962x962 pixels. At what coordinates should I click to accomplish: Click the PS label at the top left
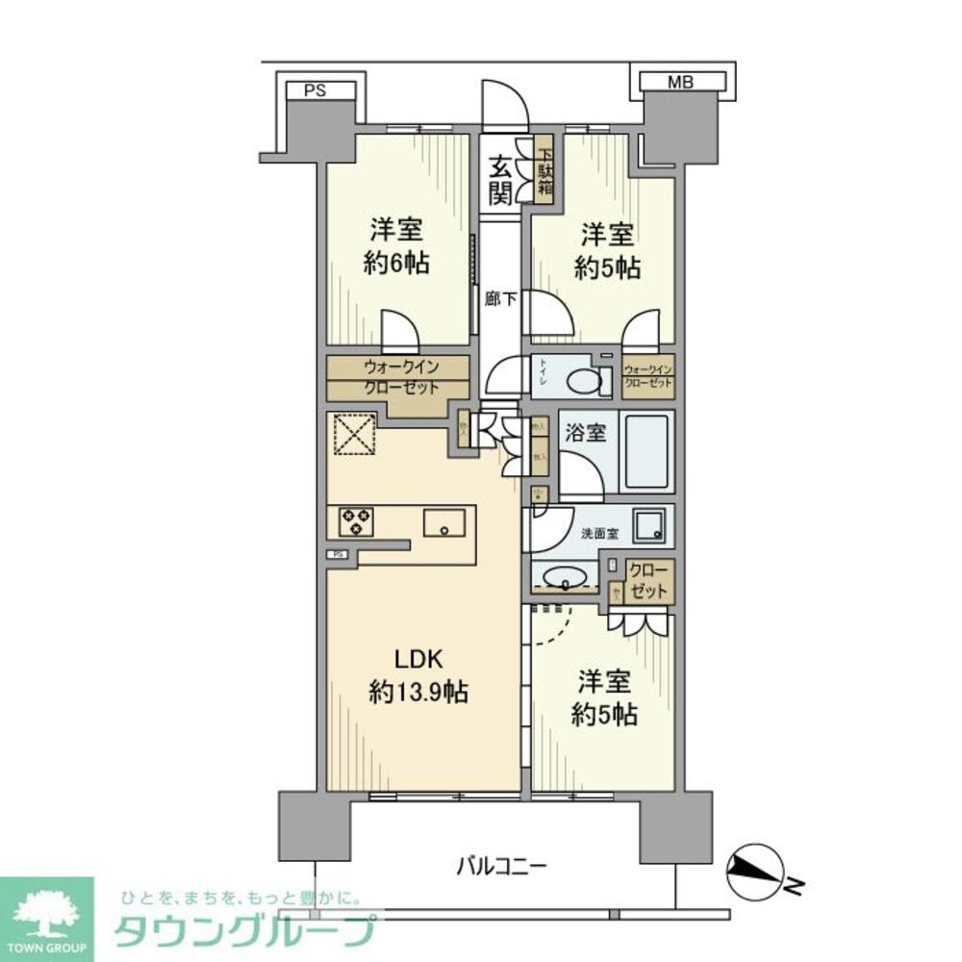(315, 91)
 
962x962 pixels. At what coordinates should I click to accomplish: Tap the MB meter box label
(681, 84)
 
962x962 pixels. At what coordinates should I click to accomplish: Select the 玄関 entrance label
(499, 179)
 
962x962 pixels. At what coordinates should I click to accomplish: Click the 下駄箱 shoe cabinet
(545, 170)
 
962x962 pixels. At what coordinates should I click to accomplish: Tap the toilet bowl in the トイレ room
(582, 381)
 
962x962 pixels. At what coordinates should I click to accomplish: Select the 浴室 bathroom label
(585, 434)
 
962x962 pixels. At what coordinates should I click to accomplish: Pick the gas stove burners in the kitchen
(356, 521)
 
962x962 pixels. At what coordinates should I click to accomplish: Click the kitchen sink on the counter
(444, 525)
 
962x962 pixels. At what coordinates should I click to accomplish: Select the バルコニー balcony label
(501, 865)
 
